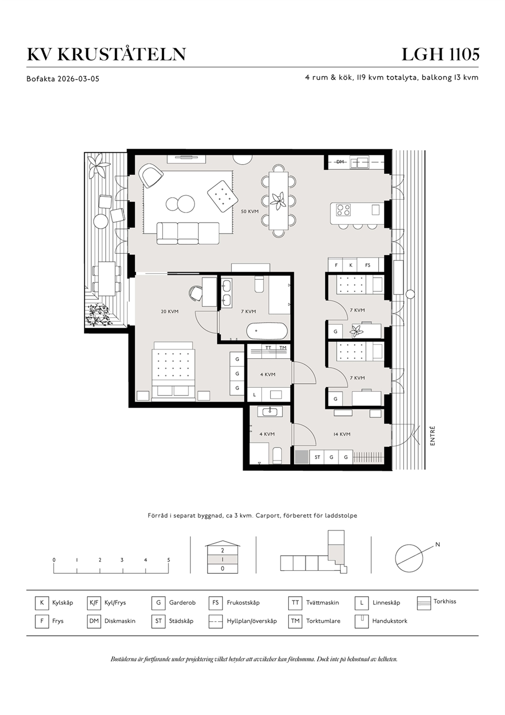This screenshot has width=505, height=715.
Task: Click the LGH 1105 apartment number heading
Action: click(440, 54)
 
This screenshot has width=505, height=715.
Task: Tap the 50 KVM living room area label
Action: click(249, 211)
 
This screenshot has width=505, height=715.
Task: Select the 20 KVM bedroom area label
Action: click(170, 311)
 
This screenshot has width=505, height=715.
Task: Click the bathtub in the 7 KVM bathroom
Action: click(267, 331)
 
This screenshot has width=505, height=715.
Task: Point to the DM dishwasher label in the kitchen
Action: click(340, 162)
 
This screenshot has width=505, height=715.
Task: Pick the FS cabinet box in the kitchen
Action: click(368, 265)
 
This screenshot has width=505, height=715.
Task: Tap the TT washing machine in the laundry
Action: click(268, 348)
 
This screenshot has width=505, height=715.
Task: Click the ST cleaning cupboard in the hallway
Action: click(317, 457)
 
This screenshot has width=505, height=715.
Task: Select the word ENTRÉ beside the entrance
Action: click(432, 436)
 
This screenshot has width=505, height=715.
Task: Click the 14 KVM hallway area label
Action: click(342, 434)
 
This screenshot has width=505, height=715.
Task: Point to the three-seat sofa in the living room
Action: click(188, 233)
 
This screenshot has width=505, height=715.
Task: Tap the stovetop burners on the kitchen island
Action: click(344, 210)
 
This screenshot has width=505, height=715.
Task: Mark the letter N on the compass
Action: click(438, 545)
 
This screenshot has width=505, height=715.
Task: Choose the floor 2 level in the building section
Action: click(222, 550)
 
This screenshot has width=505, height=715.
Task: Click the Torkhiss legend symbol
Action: click(424, 603)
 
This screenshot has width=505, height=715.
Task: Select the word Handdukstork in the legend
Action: click(389, 621)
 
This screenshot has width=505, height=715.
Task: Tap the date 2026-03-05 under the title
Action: click(78, 78)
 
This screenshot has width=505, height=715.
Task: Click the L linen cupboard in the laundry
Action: click(255, 395)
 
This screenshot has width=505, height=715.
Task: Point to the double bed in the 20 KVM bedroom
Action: click(174, 371)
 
